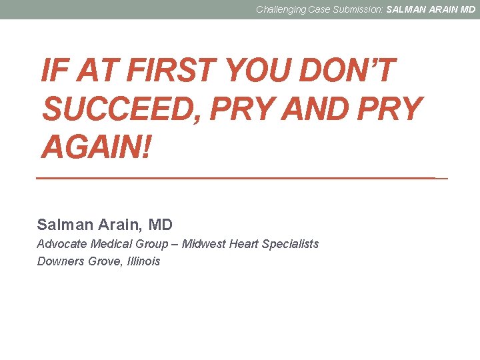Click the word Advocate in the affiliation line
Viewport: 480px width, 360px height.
(60, 244)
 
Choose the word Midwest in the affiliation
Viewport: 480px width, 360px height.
(203, 244)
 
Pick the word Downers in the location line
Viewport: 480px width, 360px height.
(61, 261)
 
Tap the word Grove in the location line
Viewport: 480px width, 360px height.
(105, 261)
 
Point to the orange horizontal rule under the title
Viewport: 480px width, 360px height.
(240, 178)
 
